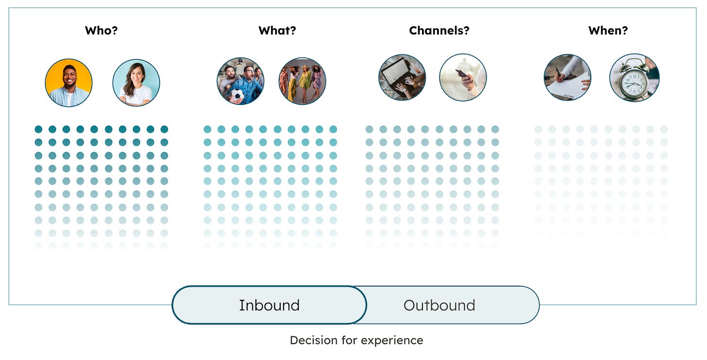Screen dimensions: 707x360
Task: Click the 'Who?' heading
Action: pyautogui.click(x=101, y=31)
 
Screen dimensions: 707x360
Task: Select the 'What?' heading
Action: pyautogui.click(x=277, y=31)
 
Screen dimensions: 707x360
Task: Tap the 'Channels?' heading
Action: pyautogui.click(x=439, y=31)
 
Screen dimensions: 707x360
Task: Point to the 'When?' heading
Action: pyautogui.click(x=608, y=31)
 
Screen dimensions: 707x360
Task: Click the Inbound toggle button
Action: pyautogui.click(x=269, y=305)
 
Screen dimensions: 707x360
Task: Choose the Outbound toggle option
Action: pyautogui.click(x=439, y=305)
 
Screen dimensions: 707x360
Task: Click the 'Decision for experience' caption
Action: pyautogui.click(x=356, y=340)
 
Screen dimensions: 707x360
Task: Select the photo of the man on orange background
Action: pyautogui.click(x=68, y=83)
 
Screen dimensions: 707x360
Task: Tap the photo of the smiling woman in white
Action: pyautogui.click(x=136, y=83)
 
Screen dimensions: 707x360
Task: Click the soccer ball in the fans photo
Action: pyautogui.click(x=236, y=95)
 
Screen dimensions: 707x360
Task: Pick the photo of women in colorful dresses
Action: pyautogui.click(x=302, y=81)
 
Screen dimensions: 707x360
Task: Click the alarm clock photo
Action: pyautogui.click(x=634, y=78)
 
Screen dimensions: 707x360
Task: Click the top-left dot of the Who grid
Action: pyautogui.click(x=38, y=129)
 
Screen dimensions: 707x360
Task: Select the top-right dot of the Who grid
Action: pyautogui.click(x=164, y=129)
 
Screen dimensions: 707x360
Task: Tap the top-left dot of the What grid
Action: pyautogui.click(x=207, y=129)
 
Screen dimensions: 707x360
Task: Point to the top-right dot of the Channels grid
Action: pyautogui.click(x=495, y=129)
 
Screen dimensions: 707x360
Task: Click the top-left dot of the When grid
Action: pyautogui.click(x=538, y=129)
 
